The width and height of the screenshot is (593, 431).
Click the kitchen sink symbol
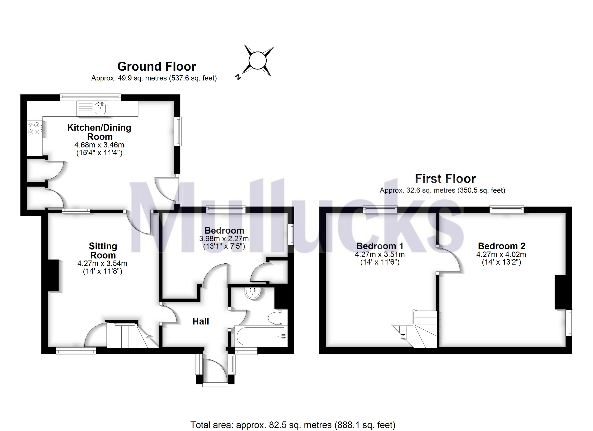point(100,109)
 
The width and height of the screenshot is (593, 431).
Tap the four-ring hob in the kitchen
point(33,129)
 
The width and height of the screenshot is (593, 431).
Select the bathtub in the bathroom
point(260,336)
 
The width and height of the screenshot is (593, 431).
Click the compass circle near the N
point(257,61)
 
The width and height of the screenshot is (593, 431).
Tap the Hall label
point(201,321)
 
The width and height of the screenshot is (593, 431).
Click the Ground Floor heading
point(156,67)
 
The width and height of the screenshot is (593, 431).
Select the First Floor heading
point(445,179)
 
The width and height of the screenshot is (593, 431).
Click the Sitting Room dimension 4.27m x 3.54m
point(102,263)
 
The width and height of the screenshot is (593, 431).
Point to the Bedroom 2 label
point(501,246)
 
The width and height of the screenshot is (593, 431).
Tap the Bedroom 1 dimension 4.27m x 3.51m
point(380,254)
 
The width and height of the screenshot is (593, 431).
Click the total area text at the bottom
point(292,425)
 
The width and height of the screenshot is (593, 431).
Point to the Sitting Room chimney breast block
point(53,275)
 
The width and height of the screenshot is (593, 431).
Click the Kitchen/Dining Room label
point(99,132)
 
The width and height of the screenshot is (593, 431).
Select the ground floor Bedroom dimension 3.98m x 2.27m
point(224,239)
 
